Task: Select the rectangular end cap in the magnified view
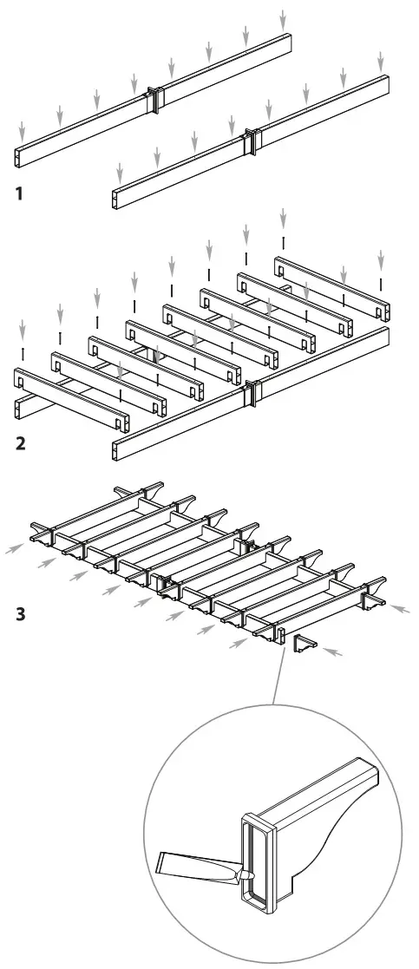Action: [258, 860]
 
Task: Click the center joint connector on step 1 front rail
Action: [252, 141]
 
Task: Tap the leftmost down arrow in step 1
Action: [23, 131]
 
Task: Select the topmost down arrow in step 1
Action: [283, 18]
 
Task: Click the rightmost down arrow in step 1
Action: [381, 61]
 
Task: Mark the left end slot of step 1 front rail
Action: [116, 200]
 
